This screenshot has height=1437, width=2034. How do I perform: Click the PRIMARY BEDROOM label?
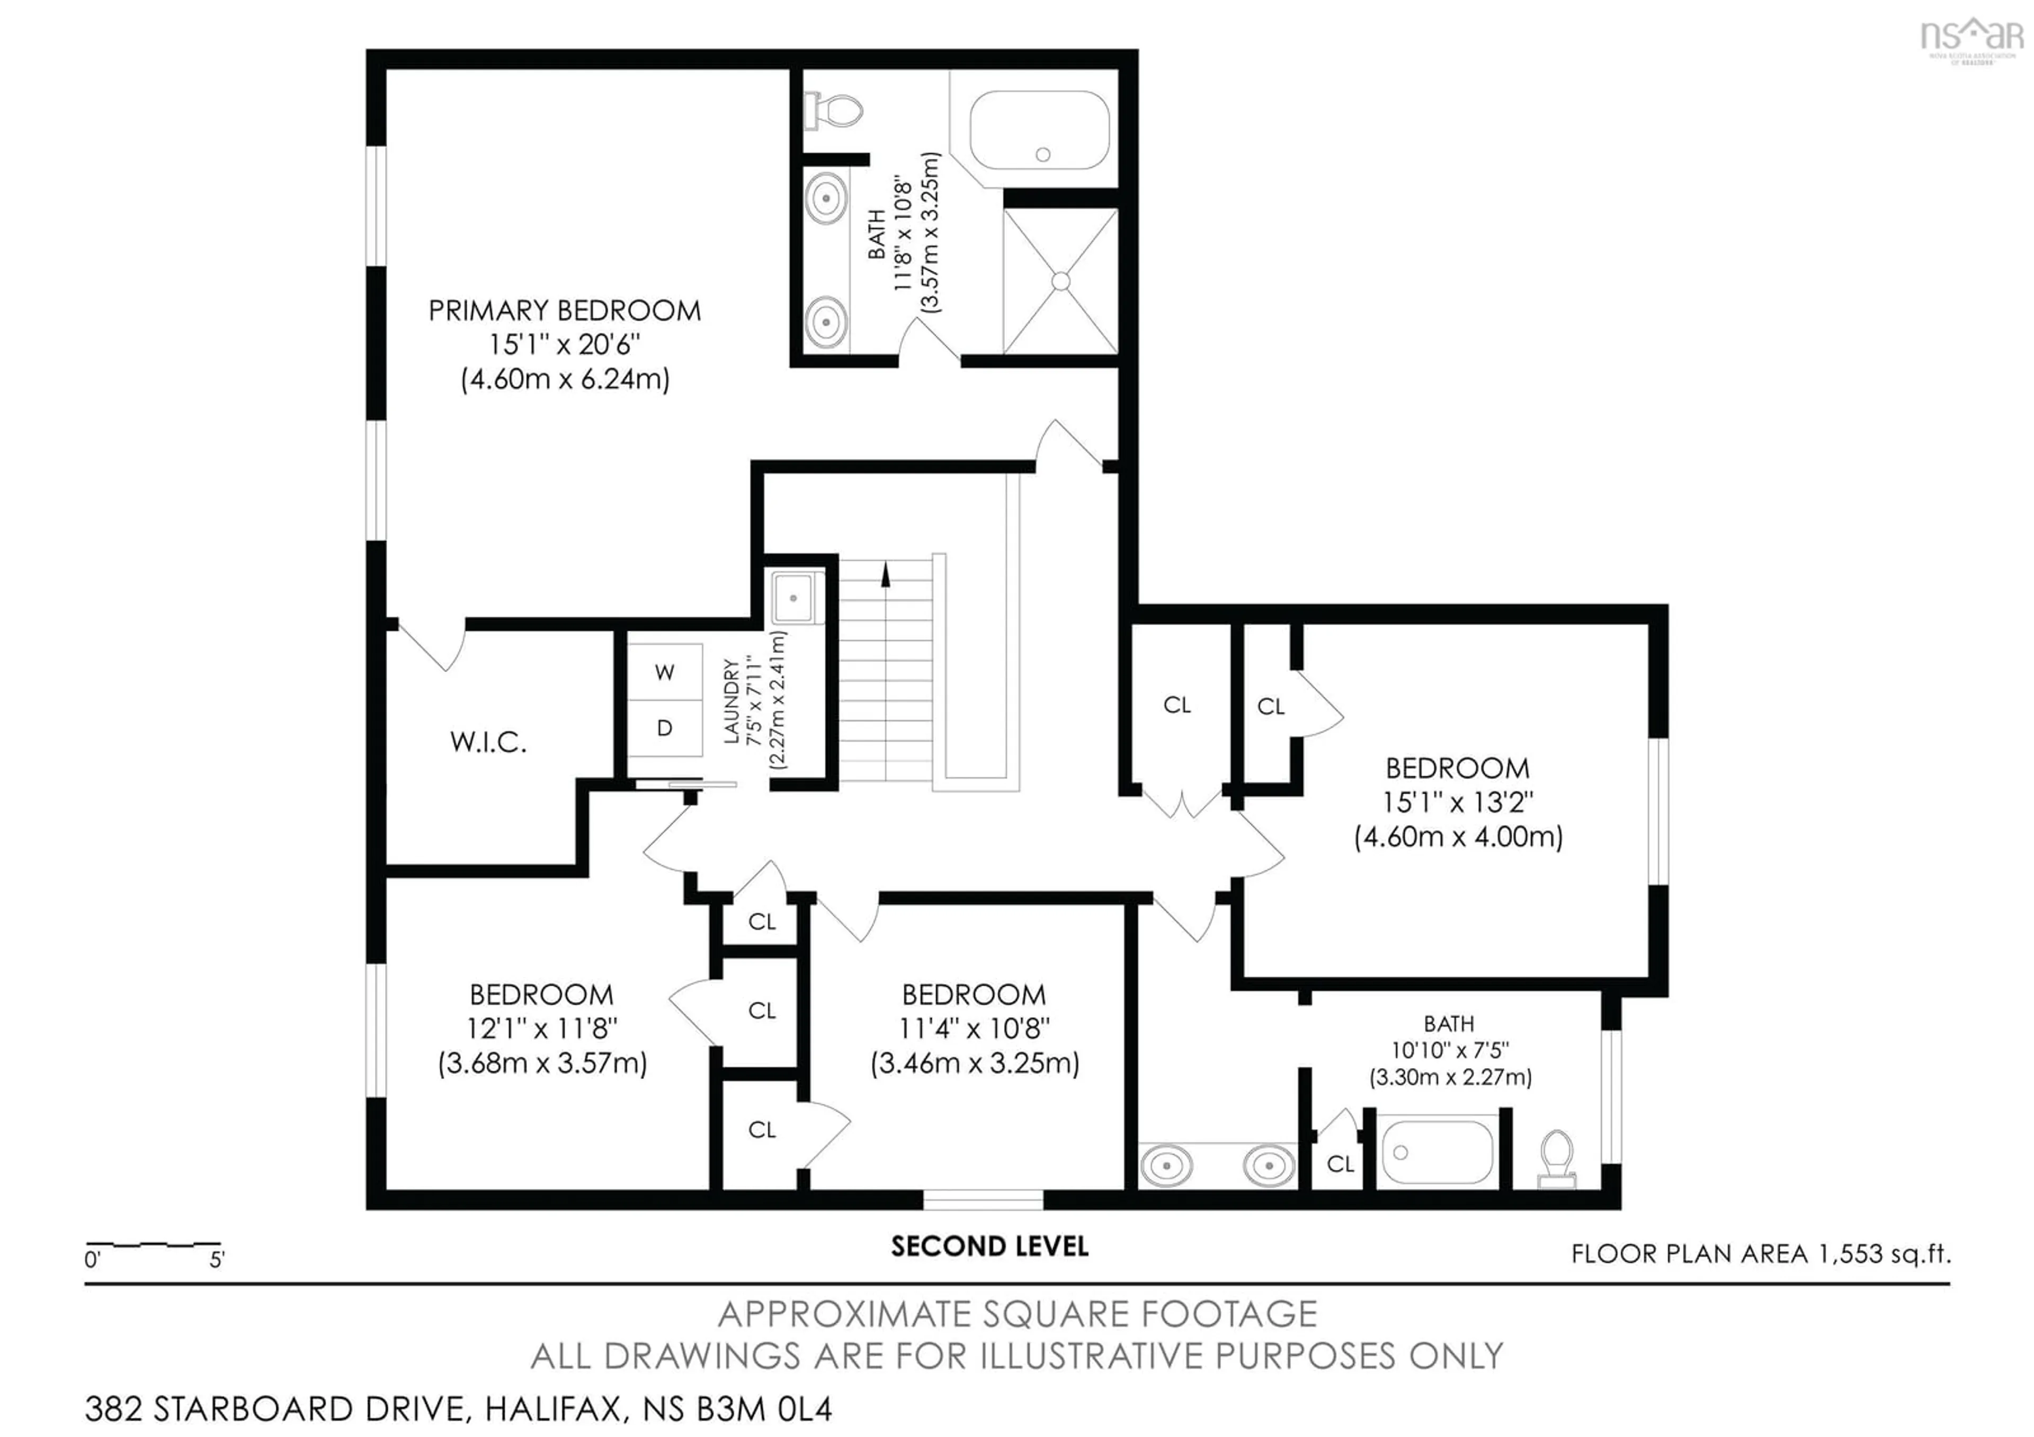[x=564, y=311]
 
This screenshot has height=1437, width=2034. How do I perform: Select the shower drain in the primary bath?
[x=1060, y=282]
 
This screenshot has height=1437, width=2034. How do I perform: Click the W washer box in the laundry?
[x=664, y=672]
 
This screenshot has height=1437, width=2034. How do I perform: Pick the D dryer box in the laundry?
[x=664, y=728]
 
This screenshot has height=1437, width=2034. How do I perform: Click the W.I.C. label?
[x=488, y=742]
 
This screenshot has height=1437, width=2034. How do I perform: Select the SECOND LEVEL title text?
[x=989, y=1247]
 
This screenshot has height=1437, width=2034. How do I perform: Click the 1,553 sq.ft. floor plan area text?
[x=1884, y=1254]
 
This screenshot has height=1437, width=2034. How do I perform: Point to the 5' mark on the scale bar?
[x=217, y=1259]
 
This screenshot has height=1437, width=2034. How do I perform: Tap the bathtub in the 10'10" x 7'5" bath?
[x=1437, y=1152]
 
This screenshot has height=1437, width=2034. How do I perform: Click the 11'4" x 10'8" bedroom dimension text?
[x=975, y=1028]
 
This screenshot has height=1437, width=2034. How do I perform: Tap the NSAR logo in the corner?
[x=1971, y=37]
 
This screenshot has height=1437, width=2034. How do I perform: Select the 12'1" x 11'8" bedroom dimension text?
[x=542, y=1028]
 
